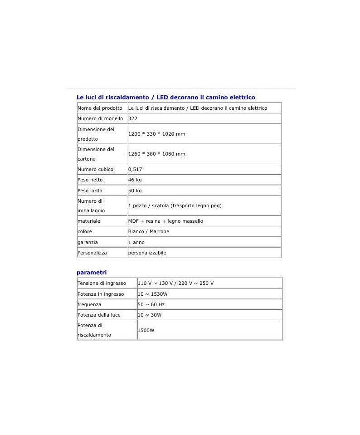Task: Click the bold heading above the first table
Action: tap(165, 97)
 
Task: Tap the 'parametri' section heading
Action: tap(92, 273)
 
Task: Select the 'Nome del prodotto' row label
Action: tap(100, 108)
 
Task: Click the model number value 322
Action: tap(133, 118)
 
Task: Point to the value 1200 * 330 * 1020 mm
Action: tap(157, 134)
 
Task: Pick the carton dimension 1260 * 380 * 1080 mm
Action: tap(157, 154)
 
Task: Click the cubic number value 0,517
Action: tap(136, 169)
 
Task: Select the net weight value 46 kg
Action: tap(135, 180)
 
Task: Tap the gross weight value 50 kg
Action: tap(135, 191)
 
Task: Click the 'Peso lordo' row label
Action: tap(90, 191)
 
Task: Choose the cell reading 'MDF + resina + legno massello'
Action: tap(165, 221)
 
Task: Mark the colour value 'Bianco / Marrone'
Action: tap(149, 231)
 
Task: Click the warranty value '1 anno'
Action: tap(136, 242)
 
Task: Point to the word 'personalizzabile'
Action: tap(147, 253)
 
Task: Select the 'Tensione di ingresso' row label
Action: tap(102, 283)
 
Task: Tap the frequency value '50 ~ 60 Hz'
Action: tap(151, 304)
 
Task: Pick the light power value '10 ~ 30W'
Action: tap(150, 315)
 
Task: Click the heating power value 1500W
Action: tap(146, 330)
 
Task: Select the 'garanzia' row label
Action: tap(88, 242)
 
